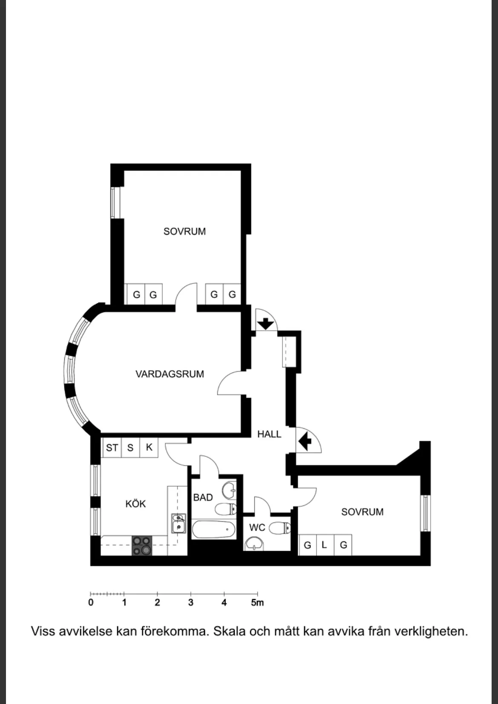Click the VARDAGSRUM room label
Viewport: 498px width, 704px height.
(170, 374)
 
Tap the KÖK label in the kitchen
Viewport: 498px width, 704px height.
(135, 503)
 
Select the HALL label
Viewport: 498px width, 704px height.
(269, 434)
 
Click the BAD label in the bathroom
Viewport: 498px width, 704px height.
(203, 497)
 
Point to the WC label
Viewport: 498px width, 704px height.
(257, 528)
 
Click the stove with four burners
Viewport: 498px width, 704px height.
(142, 545)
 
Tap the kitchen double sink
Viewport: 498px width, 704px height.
(178, 523)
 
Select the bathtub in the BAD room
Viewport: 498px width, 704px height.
(214, 529)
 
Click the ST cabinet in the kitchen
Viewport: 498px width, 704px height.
(112, 447)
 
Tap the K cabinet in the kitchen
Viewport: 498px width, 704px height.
(149, 447)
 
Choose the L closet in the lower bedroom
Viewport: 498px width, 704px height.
(325, 545)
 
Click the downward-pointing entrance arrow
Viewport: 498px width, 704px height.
(266, 324)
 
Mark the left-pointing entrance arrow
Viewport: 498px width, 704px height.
(305, 441)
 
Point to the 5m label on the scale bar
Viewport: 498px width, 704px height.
(257, 603)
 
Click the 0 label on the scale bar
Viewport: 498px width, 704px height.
(91, 603)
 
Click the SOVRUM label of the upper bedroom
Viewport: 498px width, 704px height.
(184, 231)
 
